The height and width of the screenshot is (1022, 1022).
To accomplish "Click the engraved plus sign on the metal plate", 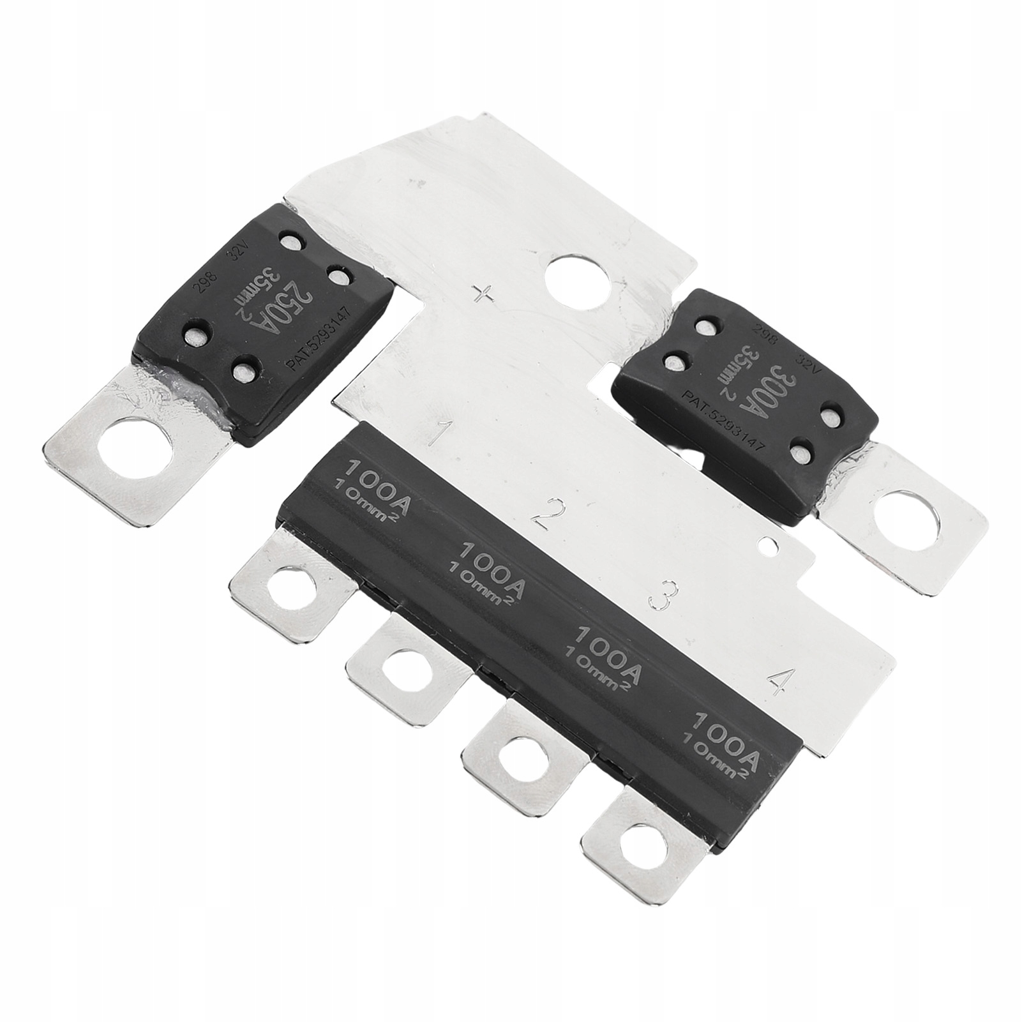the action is coord(486,294).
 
